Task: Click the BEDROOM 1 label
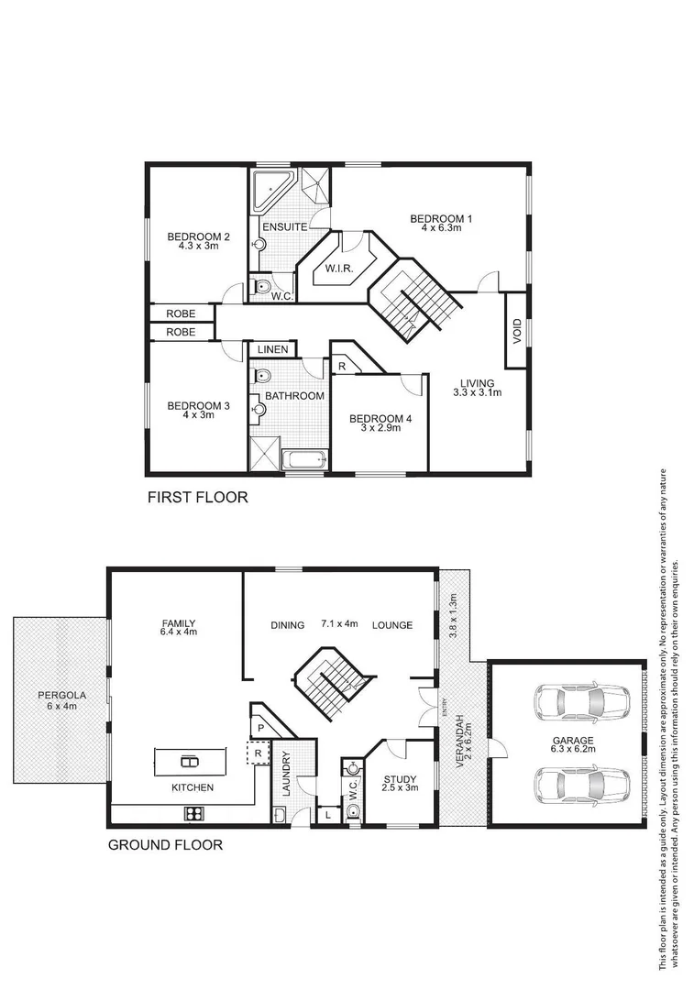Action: tap(440, 218)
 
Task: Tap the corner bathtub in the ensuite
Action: tap(270, 190)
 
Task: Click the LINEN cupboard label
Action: tap(273, 349)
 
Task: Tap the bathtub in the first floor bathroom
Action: tap(302, 459)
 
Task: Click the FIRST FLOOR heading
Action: tap(198, 499)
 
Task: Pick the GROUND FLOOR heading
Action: tap(165, 844)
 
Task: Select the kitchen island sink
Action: tap(189, 760)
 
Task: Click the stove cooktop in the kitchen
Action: tap(195, 811)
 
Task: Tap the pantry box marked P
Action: tap(260, 727)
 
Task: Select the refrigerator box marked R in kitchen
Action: tap(259, 753)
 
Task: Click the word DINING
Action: tap(287, 625)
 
